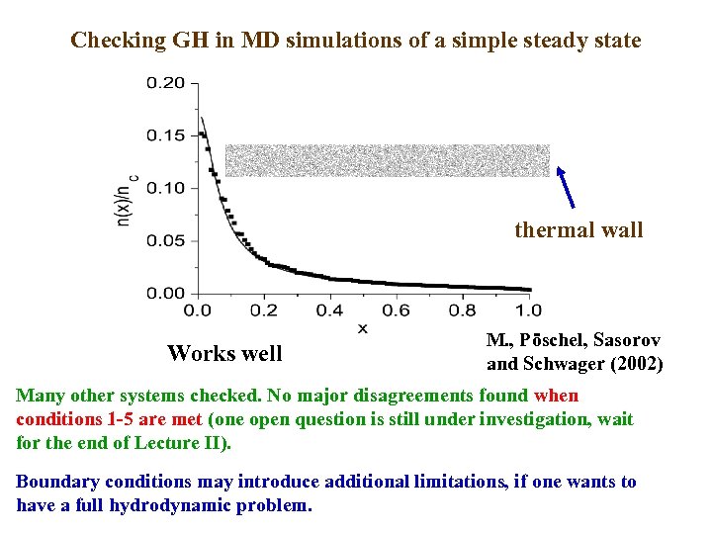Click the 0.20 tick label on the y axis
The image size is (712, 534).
165,83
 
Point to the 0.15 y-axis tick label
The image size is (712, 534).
165,135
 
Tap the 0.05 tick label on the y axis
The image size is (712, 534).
165,240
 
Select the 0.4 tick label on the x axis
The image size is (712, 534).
329,311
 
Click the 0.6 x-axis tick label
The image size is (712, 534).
396,311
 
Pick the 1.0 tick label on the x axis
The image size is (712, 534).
528,311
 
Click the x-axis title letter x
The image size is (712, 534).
362,328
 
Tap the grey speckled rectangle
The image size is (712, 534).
387,160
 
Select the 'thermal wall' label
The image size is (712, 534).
578,230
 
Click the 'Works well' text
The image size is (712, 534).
224,353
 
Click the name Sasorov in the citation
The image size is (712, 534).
626,340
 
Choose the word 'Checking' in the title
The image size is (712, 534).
118,41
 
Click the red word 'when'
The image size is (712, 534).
556,397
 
